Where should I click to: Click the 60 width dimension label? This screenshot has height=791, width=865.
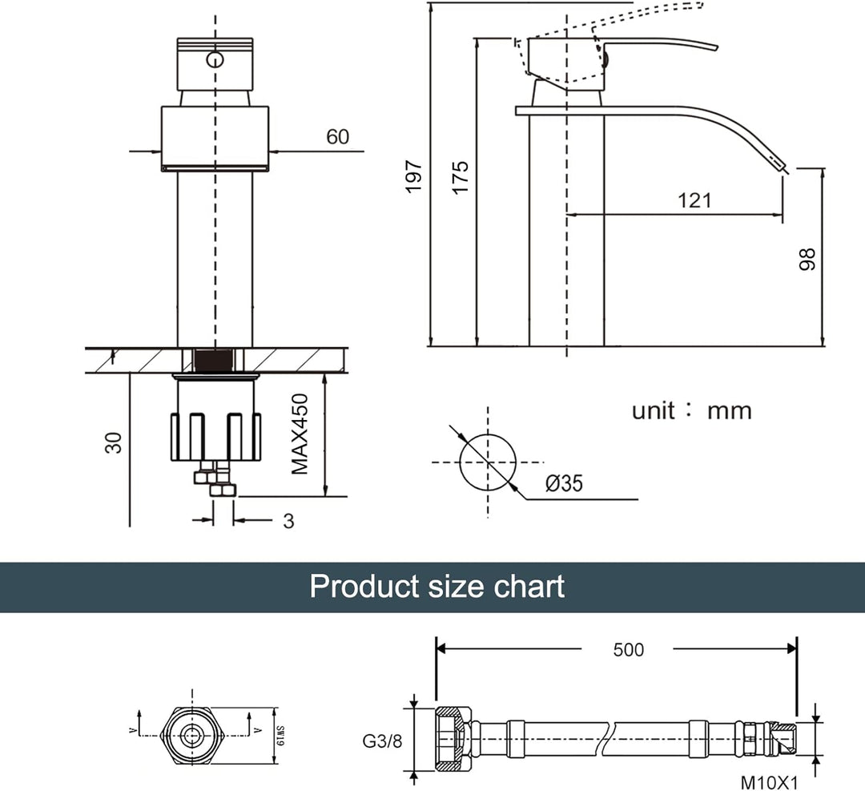337,137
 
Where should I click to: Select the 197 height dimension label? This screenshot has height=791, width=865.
413,176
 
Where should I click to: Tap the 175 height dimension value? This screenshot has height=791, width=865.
460,177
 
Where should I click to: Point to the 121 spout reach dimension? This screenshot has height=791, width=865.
694,200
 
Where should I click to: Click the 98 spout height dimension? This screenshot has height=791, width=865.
807,258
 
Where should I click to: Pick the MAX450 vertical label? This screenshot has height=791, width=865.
300,434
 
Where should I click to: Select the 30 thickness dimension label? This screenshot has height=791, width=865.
116,442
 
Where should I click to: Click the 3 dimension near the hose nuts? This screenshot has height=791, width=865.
288,521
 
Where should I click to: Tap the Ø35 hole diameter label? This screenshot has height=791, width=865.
564,483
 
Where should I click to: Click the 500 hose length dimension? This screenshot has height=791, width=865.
628,649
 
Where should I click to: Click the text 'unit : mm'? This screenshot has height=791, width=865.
692,411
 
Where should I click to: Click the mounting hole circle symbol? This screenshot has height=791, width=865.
487,462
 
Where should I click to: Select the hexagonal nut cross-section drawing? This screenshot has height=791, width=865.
191,735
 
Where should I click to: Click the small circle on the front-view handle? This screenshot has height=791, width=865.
215,59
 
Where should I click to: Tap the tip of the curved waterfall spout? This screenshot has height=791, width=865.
783,167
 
